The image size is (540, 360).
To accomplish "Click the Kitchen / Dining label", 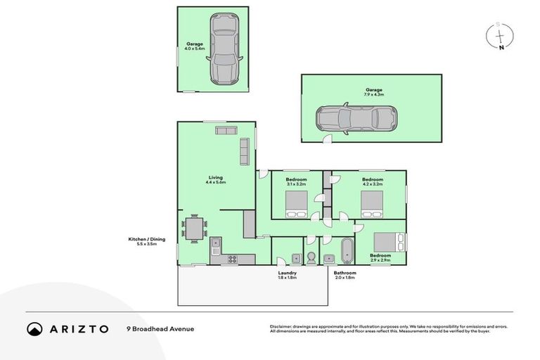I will (146, 240).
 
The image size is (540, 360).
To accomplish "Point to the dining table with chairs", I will (194, 227).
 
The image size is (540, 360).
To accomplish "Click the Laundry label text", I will (287, 273).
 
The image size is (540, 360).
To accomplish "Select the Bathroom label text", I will (345, 273).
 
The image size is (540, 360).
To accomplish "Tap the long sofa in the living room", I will (245, 151).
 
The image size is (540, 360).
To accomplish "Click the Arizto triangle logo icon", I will (34, 329).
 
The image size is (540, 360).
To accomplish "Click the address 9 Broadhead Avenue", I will (160, 328).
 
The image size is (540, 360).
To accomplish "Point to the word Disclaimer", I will (282, 326).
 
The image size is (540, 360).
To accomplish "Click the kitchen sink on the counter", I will (214, 245).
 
